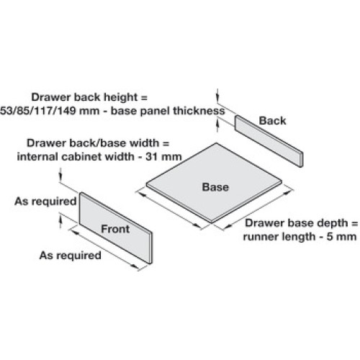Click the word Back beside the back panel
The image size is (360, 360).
273,121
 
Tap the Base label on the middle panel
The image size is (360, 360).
215,187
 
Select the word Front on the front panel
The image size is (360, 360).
115,229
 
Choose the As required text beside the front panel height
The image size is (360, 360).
45,201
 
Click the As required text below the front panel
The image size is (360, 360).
70,256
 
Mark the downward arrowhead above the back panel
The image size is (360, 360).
217,97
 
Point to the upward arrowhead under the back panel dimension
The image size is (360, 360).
217,124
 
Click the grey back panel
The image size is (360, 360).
269,141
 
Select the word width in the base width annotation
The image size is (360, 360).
144,143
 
